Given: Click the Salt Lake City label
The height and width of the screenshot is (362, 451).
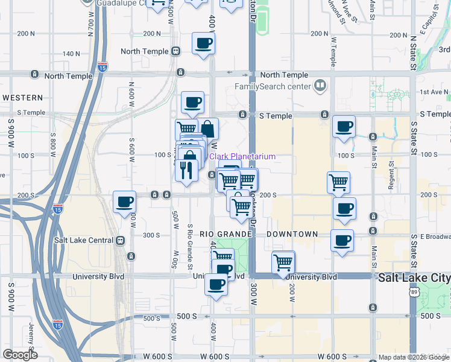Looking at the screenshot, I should click(413, 278).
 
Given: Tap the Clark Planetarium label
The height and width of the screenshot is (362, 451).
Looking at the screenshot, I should click(242, 157).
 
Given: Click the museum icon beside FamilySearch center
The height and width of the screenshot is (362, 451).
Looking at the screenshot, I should click(320, 86).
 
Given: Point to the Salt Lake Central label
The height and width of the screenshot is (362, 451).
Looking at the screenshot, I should click(84, 240).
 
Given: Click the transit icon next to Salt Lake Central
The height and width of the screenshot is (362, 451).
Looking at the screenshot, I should click(121, 240).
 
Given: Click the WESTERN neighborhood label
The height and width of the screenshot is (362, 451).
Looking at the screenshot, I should click(22, 97).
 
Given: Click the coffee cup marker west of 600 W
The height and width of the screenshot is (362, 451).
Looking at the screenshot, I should click(125, 202).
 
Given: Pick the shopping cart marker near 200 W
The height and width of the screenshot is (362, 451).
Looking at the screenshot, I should click(283, 262).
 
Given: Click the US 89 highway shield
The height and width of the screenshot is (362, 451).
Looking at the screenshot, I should click(414, 292).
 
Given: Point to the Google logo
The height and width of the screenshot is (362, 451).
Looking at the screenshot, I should click(19, 355).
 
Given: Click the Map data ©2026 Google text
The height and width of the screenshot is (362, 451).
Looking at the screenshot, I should click(413, 357).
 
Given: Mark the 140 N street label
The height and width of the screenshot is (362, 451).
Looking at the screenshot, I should click(71, 54).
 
